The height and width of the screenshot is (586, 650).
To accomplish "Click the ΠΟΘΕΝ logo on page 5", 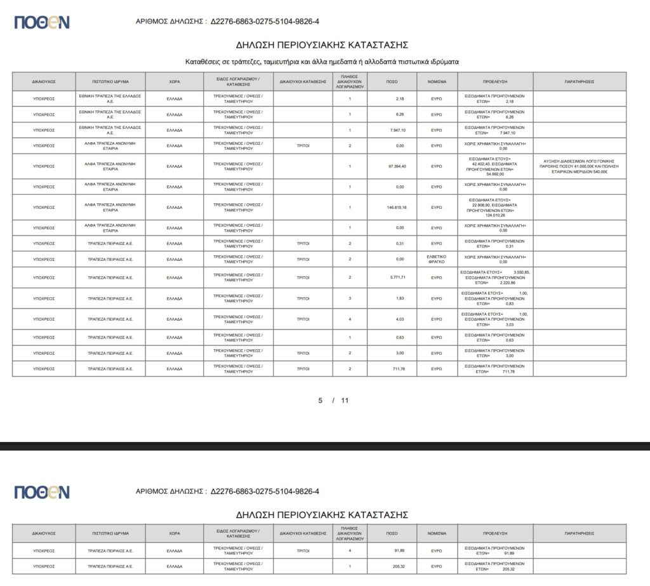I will [x=42, y=22].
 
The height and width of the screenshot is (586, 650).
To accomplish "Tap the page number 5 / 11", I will [x=333, y=401].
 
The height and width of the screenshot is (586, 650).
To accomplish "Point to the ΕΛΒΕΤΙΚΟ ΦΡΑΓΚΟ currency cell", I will [x=437, y=259].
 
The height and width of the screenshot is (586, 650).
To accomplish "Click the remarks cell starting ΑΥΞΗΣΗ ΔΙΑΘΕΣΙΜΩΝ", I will [x=579, y=166].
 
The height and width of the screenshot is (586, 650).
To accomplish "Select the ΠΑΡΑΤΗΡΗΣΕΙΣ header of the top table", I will [x=579, y=82].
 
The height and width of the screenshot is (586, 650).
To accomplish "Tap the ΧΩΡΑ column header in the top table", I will [x=174, y=82].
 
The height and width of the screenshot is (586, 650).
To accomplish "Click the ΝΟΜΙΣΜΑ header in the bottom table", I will [x=437, y=534].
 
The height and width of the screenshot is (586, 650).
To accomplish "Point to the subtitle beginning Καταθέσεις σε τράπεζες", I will [x=322, y=62].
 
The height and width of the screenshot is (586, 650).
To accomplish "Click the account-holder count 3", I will [x=350, y=298].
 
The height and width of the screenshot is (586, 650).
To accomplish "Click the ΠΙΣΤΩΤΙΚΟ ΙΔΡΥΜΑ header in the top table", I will [x=110, y=82].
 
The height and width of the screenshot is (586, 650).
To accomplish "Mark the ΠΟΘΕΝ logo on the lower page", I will [x=42, y=492].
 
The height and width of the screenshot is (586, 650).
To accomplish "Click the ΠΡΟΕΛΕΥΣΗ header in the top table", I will [x=494, y=82].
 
